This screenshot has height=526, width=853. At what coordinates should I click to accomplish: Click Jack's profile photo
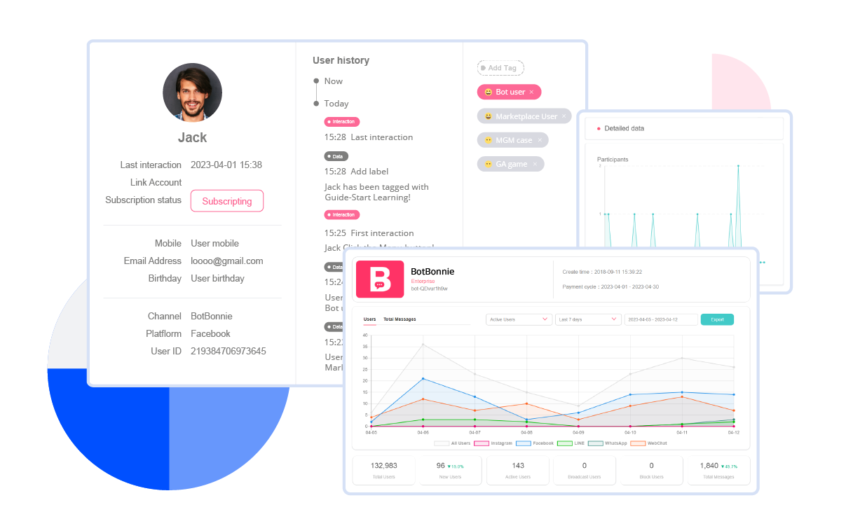[192, 92]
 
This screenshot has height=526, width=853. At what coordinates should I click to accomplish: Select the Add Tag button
[500, 68]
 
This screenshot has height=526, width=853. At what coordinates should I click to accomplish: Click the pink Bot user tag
[509, 92]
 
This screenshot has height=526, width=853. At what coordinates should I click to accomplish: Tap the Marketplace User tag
[524, 116]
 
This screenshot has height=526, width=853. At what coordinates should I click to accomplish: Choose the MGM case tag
[512, 140]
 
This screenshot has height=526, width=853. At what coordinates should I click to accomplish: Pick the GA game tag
[510, 164]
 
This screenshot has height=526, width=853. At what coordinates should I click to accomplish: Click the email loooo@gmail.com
[226, 261]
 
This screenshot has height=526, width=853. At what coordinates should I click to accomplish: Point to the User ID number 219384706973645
[228, 351]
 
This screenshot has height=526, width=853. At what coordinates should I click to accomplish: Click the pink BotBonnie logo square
[379, 278]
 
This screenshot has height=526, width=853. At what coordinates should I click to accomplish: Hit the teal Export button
[717, 319]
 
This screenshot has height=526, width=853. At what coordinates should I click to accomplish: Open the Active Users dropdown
[519, 319]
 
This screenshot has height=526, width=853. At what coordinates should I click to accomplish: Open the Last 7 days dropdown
[587, 319]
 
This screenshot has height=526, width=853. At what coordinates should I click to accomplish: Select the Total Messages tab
[400, 319]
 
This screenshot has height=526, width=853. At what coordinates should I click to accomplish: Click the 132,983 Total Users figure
[383, 466]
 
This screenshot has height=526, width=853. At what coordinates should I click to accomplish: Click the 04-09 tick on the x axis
[578, 433]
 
